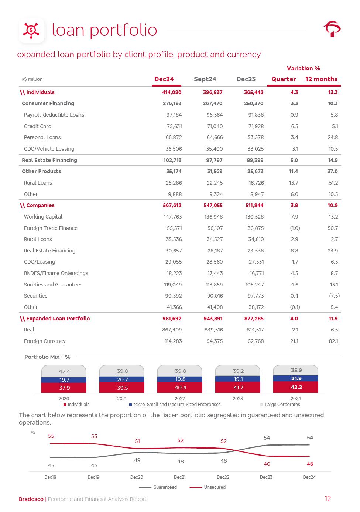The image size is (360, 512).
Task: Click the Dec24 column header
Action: tap(164, 79)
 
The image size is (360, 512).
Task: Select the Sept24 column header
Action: tap(205, 79)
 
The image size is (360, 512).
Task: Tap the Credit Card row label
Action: tap(38, 126)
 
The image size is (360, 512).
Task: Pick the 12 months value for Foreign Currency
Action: tap(333, 341)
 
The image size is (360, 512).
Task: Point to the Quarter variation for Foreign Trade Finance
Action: tap(295, 228)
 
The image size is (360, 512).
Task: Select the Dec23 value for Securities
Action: tap(256, 296)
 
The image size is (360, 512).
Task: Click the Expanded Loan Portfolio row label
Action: tap(58, 319)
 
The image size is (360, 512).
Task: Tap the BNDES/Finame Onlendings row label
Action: tap(56, 273)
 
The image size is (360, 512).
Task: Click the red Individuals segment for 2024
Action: tap(296, 387)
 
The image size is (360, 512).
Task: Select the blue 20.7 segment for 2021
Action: tap(122, 379)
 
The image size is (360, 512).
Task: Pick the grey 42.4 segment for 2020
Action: tap(64, 371)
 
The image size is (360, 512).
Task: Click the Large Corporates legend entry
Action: tap(282, 405)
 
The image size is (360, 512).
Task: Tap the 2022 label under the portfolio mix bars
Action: tap(180, 399)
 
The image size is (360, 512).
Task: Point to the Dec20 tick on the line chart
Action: tap(137, 477)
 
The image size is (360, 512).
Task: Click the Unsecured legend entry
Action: tap(215, 487)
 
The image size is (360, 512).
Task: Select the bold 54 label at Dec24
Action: tap(310, 437)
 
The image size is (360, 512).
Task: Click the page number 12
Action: tap(328, 499)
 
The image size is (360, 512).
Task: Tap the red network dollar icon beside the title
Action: tap(32, 30)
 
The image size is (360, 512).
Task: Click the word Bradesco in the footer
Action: tap(31, 499)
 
